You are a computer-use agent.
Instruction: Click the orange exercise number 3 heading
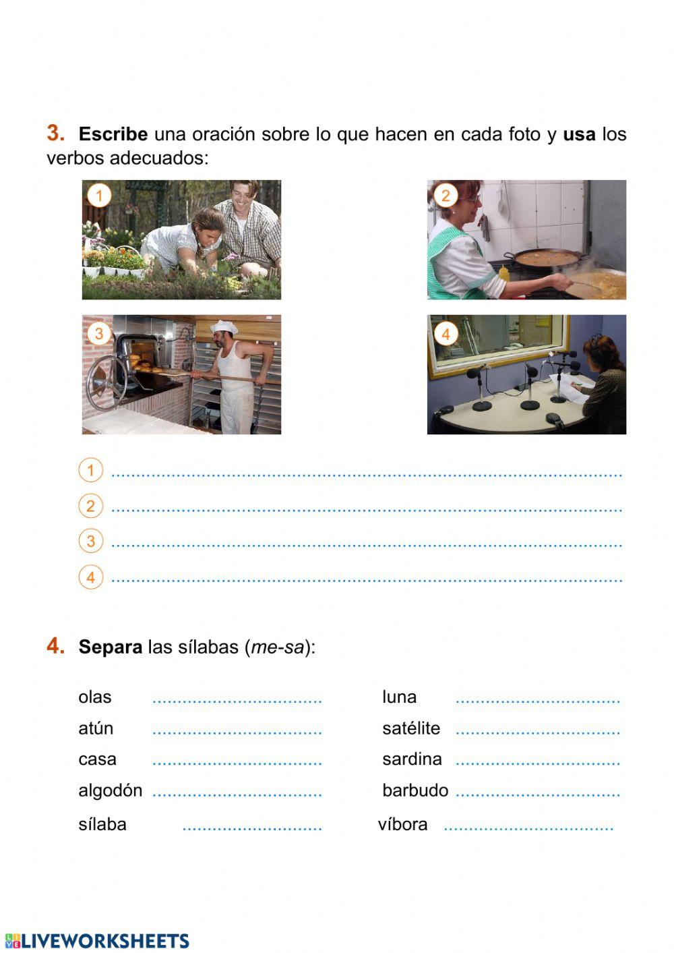tap(55, 133)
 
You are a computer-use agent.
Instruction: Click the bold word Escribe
tap(113, 134)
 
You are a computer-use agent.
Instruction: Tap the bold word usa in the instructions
tap(579, 134)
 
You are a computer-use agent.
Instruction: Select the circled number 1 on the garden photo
tap(99, 196)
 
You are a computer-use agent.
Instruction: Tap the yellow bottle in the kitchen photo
tap(503, 273)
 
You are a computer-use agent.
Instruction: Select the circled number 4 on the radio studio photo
tap(445, 333)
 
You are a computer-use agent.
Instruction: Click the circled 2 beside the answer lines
tap(90, 506)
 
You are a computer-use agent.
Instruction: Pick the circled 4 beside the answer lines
tap(90, 577)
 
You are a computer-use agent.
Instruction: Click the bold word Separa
tap(111, 647)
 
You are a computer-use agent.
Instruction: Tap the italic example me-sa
tap(277, 647)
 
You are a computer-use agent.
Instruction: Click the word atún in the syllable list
tap(96, 728)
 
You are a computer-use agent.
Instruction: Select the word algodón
tap(111, 790)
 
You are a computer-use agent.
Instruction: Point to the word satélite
tap(410, 728)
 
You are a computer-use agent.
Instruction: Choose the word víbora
tap(402, 824)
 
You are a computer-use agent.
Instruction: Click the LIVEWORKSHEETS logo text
tap(104, 942)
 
